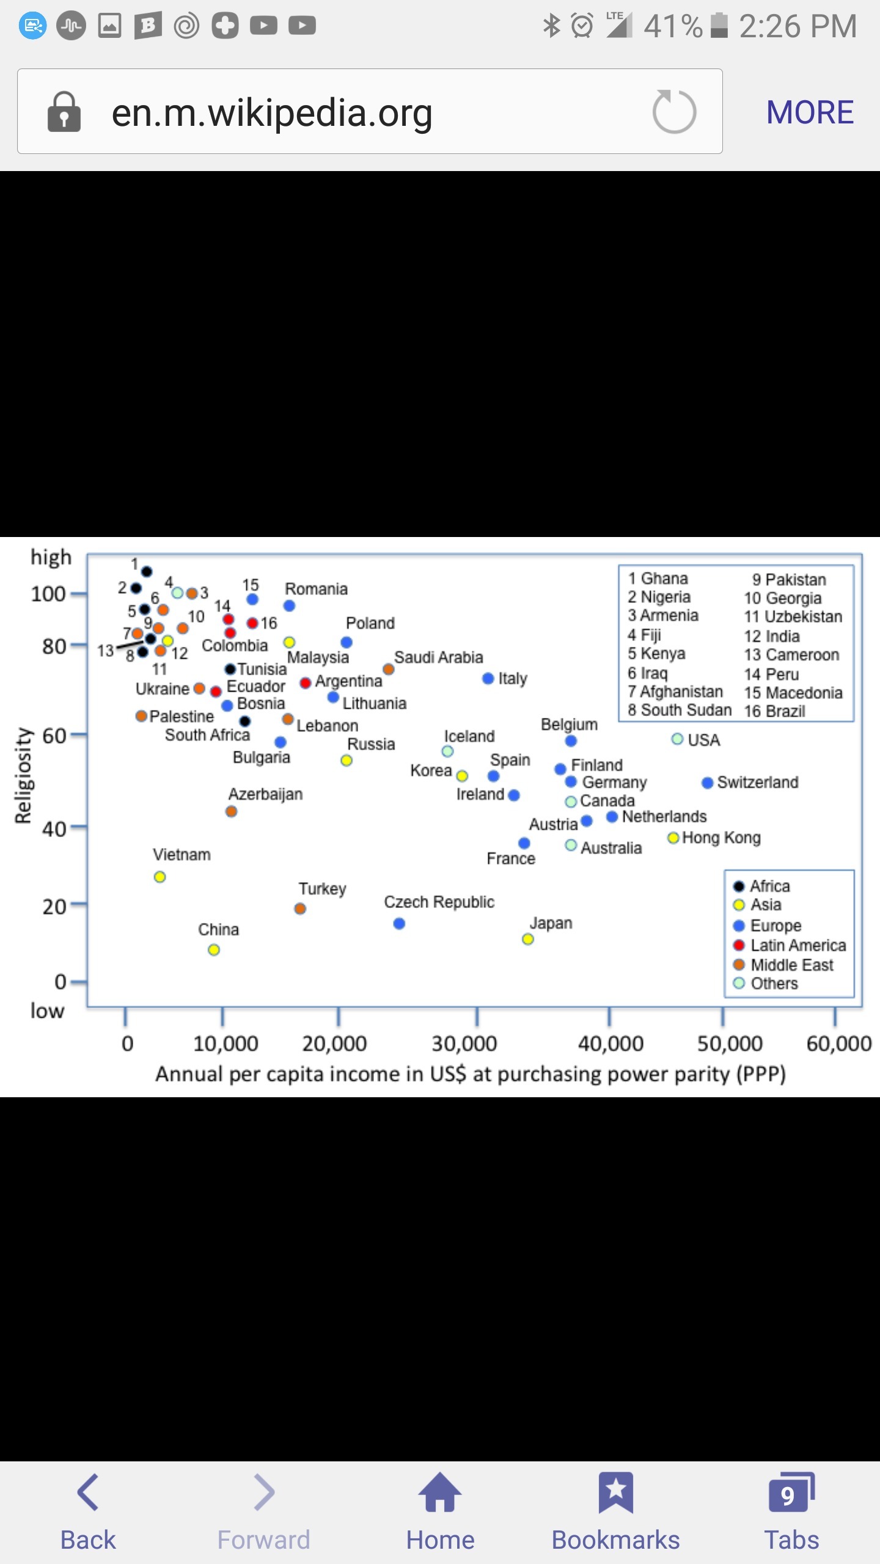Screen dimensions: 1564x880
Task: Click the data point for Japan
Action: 528,939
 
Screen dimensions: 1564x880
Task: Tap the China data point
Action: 214,949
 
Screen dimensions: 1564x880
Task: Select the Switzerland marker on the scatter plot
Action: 708,783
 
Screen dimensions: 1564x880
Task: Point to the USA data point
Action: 677,739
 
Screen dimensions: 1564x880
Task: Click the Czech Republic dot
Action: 399,923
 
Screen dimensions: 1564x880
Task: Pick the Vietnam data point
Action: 160,877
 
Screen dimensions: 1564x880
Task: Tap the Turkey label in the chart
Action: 322,888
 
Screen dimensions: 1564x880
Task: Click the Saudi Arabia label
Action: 438,657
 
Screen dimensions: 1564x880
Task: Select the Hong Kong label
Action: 721,838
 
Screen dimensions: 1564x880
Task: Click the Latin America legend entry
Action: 798,945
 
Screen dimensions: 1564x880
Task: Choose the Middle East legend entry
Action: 791,965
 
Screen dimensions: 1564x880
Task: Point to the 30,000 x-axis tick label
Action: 464,1043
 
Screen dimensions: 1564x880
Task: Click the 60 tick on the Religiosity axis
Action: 54,736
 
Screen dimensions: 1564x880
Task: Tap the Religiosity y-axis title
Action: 23,775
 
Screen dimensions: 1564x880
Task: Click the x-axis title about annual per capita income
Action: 470,1074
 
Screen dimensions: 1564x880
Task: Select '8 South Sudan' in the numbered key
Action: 679,711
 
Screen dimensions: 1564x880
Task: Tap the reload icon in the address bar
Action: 674,112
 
